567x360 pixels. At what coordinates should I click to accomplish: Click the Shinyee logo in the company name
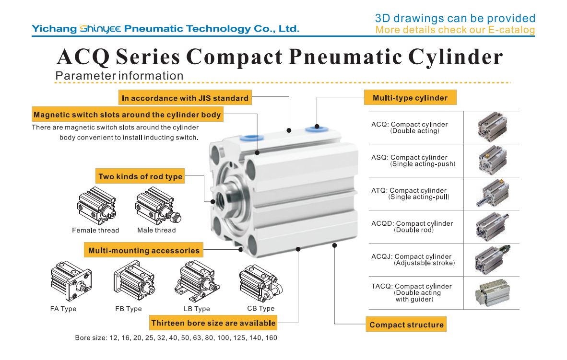click(100, 29)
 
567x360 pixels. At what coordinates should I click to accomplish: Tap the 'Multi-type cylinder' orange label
click(410, 98)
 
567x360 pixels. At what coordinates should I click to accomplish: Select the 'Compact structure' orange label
click(406, 325)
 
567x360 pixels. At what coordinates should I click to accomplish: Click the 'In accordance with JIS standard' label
click(185, 98)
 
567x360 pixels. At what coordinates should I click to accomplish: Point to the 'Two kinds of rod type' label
click(140, 176)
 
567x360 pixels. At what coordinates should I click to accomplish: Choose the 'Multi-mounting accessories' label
click(143, 250)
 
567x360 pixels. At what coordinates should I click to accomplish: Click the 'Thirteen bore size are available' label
click(213, 323)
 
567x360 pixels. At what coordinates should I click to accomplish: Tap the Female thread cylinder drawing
click(96, 206)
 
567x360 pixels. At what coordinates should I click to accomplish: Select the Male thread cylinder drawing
click(158, 206)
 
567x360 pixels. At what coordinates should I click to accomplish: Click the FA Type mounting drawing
click(71, 281)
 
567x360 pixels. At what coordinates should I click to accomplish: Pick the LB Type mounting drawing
click(197, 281)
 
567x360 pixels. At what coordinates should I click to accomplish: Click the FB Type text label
click(129, 309)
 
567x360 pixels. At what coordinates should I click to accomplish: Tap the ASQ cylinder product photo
click(493, 160)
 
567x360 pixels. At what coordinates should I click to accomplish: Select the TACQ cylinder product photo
click(493, 293)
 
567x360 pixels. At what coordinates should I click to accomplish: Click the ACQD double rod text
click(412, 227)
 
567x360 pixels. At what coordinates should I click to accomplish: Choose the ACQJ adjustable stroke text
click(413, 259)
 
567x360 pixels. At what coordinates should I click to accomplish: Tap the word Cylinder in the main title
click(455, 57)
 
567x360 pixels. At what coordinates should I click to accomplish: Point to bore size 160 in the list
click(271, 337)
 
